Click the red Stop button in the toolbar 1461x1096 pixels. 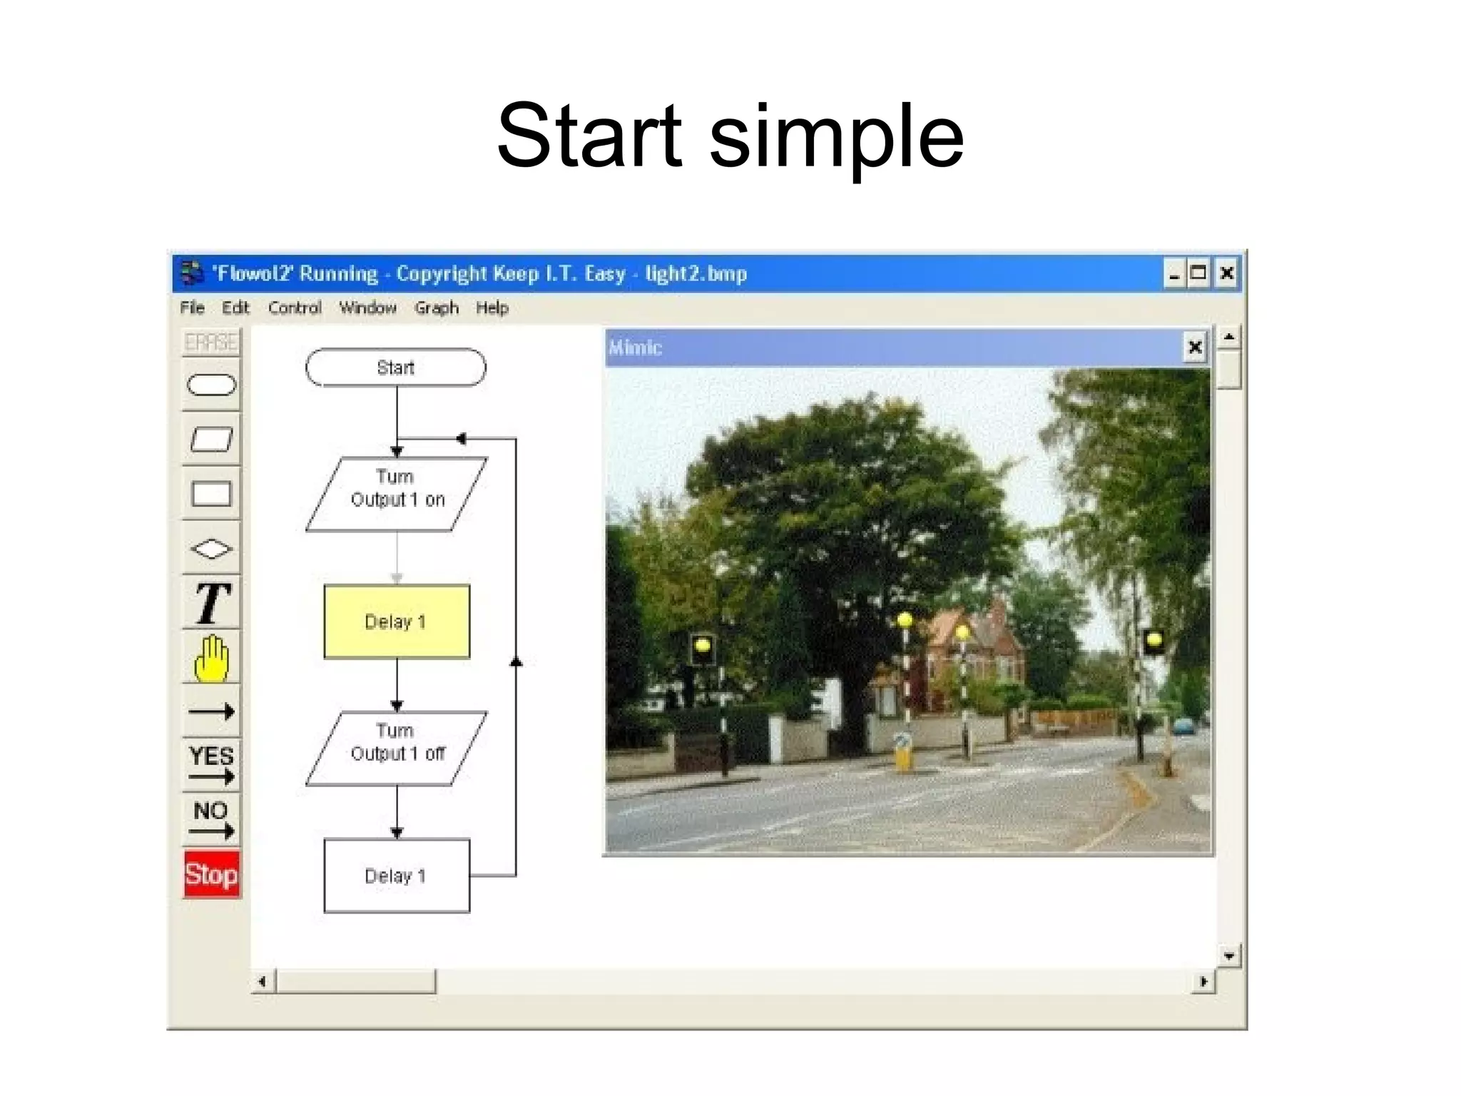(x=211, y=874)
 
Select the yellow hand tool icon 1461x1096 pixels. (x=211, y=658)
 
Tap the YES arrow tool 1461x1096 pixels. (x=211, y=764)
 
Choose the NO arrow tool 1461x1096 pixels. (x=211, y=819)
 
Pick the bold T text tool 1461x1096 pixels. (x=211, y=604)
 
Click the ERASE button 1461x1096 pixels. (x=211, y=342)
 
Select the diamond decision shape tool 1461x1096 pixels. (x=211, y=549)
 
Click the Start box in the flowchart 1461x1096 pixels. (x=396, y=367)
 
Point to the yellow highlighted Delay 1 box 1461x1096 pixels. (x=397, y=621)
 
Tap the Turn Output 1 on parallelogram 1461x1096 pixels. (x=397, y=494)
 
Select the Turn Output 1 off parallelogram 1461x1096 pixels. (x=397, y=748)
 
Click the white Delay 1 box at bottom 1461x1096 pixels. (x=397, y=876)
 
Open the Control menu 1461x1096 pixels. (x=295, y=308)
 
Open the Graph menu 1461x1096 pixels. (x=437, y=308)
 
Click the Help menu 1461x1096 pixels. (x=492, y=308)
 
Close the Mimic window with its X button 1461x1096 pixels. (x=1195, y=347)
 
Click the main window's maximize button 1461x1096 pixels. (x=1198, y=273)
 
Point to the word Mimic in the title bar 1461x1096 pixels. (x=635, y=347)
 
